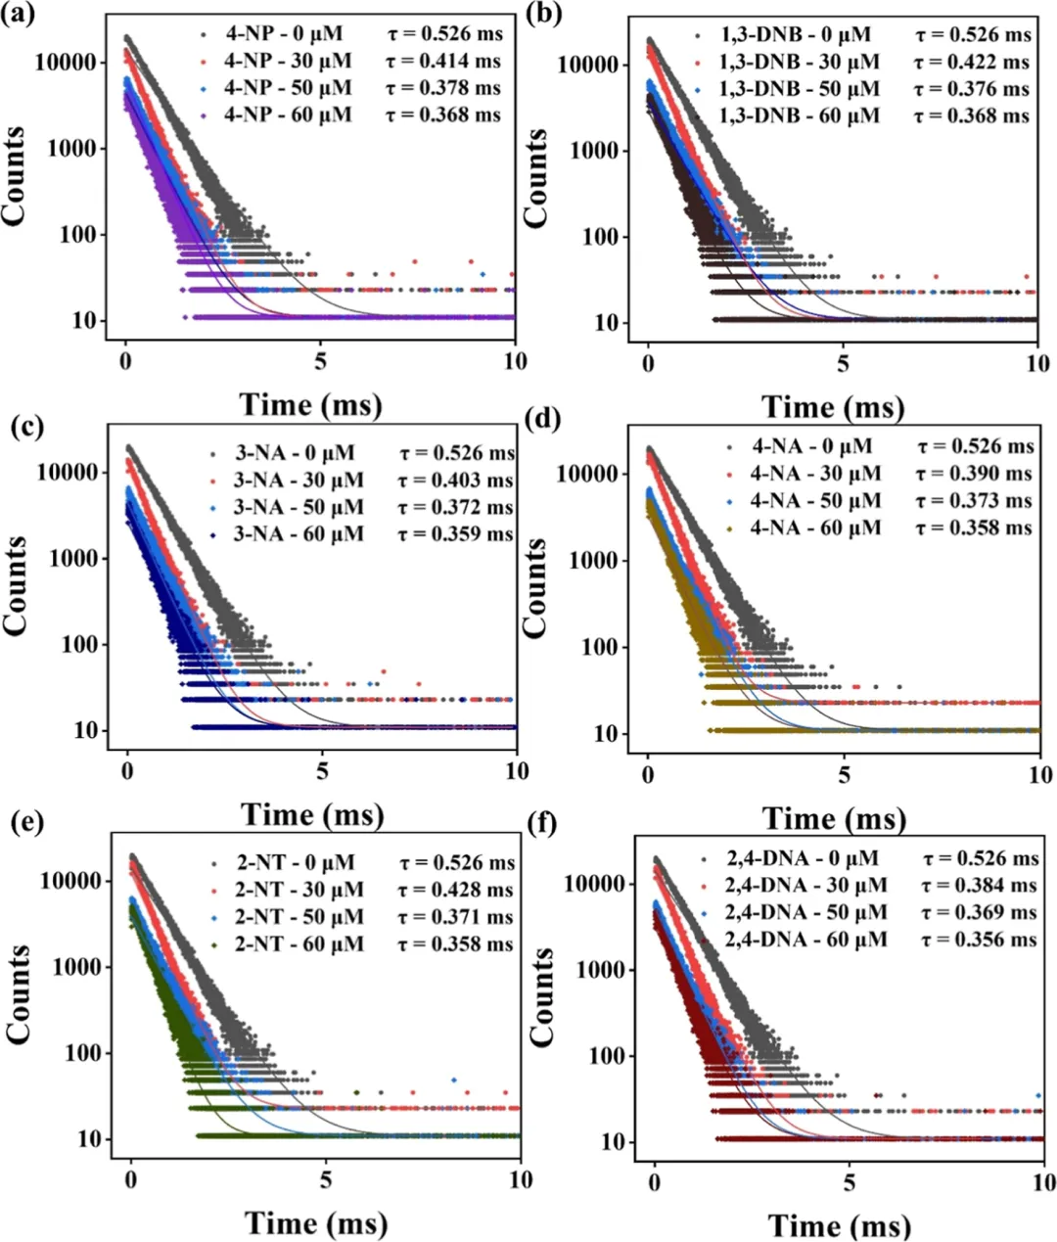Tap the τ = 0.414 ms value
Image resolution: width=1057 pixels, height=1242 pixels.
pos(442,62)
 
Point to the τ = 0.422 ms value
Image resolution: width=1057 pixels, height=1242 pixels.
pos(972,63)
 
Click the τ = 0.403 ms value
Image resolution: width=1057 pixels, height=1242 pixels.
pos(456,481)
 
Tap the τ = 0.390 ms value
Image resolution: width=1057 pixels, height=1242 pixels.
pos(975,474)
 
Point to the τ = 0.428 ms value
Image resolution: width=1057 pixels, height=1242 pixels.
pos(456,891)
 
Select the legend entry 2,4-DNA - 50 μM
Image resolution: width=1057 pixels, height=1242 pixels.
pos(806,912)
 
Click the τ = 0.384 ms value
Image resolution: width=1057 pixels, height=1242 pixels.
pos(980,886)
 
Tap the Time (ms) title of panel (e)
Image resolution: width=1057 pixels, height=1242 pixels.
pos(315,1222)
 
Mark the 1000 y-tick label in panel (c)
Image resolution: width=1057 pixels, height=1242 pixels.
pos(69,559)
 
